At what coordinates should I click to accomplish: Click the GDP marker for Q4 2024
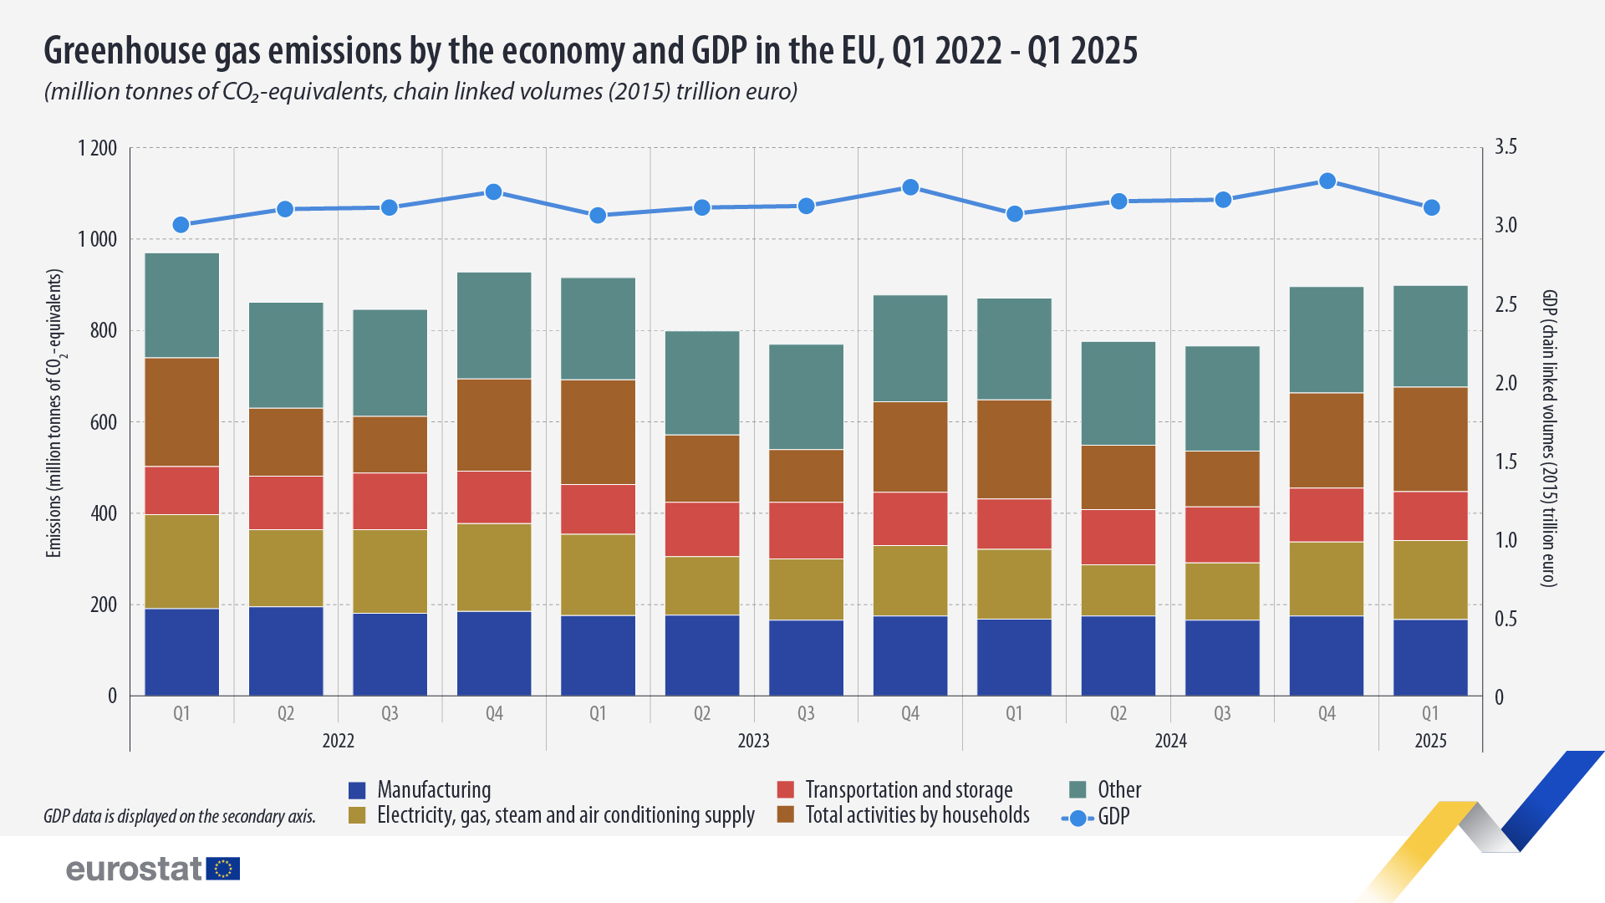(x=1327, y=181)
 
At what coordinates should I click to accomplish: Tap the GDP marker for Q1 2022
(x=181, y=225)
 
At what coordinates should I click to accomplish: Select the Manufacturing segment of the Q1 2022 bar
(x=181, y=651)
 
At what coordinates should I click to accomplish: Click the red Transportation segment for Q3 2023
(x=806, y=530)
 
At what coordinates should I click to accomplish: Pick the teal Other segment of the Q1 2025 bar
(x=1430, y=336)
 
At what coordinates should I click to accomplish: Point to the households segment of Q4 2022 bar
(x=494, y=425)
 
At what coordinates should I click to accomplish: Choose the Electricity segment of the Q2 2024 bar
(x=1118, y=590)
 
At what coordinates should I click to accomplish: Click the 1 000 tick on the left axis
(x=98, y=240)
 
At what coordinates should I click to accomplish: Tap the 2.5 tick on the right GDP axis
(x=1506, y=304)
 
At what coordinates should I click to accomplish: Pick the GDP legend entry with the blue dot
(x=1095, y=818)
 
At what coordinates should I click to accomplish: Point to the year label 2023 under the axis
(x=753, y=741)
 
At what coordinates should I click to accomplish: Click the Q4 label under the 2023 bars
(x=909, y=713)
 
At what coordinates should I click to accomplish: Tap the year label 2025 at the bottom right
(x=1430, y=741)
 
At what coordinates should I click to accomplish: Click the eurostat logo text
(x=134, y=869)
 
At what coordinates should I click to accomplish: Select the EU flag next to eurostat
(x=223, y=869)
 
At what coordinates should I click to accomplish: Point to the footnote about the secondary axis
(x=180, y=816)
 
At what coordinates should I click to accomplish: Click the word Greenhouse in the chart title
(x=125, y=51)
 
